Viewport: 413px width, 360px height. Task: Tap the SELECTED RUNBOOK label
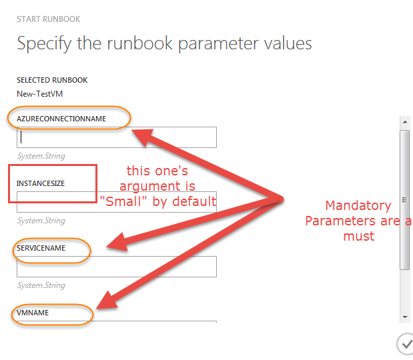coord(52,80)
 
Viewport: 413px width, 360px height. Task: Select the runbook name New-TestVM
coord(40,93)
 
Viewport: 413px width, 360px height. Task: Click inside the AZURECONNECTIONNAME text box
coord(117,137)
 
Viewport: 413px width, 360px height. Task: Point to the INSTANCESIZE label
coord(41,183)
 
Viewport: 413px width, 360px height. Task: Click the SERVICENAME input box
coord(117,267)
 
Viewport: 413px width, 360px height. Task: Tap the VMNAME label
coord(33,312)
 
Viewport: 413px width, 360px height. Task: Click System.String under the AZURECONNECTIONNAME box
coord(41,156)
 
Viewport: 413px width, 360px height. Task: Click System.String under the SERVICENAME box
coord(41,285)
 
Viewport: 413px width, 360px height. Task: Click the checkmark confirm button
coord(405,344)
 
